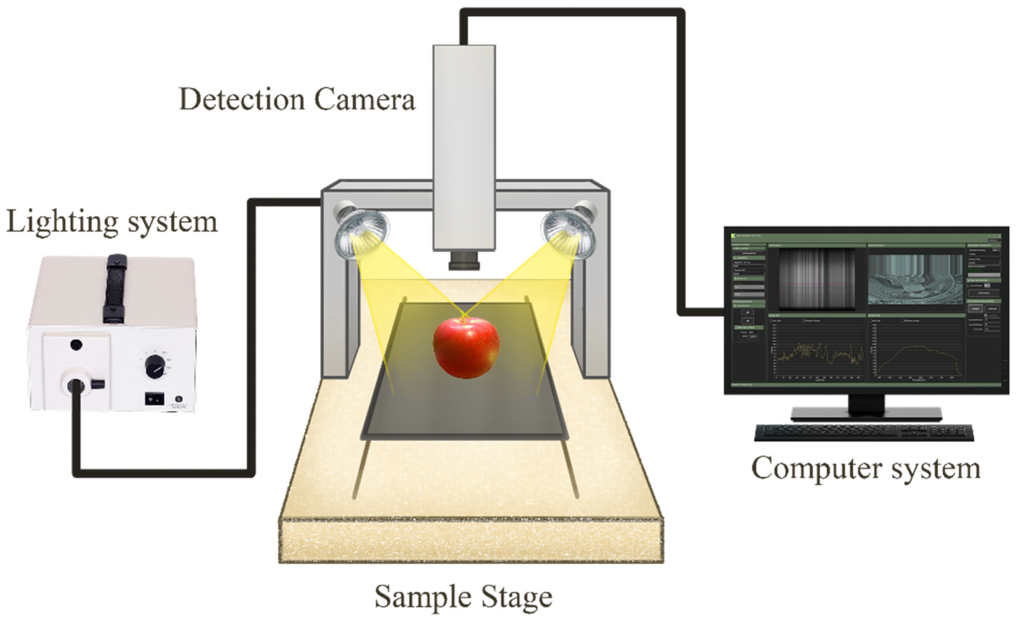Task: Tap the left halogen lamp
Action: tap(361, 234)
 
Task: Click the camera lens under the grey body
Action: tap(464, 261)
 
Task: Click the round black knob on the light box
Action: tap(155, 367)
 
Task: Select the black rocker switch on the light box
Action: tap(154, 399)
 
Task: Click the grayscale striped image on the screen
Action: tap(817, 279)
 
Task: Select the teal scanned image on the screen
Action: tap(915, 280)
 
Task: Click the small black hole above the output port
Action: tap(76, 344)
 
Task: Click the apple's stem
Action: tap(464, 318)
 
